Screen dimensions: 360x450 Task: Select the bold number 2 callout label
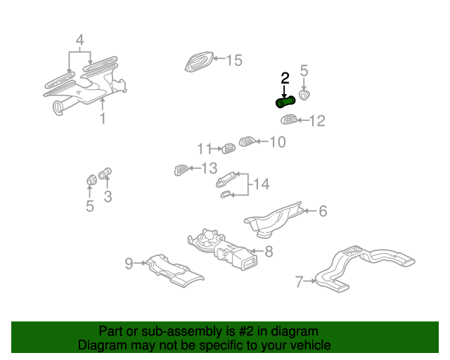285,78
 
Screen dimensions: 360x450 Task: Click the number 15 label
233,60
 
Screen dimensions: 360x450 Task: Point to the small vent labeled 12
288,120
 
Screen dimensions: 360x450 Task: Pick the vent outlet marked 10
247,142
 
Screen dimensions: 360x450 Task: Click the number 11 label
204,148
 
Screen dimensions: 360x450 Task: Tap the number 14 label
261,184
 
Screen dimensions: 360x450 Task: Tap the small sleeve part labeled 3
105,174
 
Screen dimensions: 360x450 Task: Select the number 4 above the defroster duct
80,40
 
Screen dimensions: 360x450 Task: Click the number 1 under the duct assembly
103,119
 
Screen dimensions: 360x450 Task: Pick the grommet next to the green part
304,94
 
